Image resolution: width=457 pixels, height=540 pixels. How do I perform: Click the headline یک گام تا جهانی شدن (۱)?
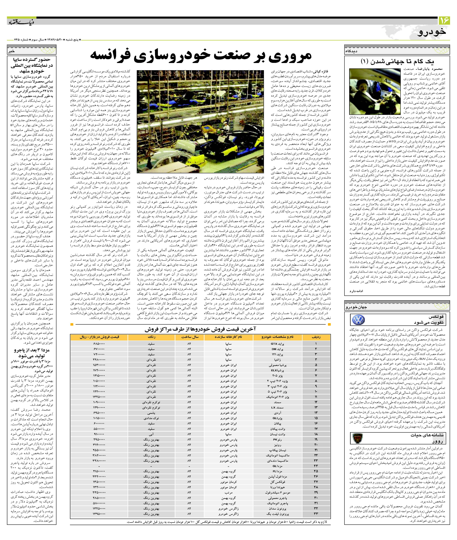coord(397,62)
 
